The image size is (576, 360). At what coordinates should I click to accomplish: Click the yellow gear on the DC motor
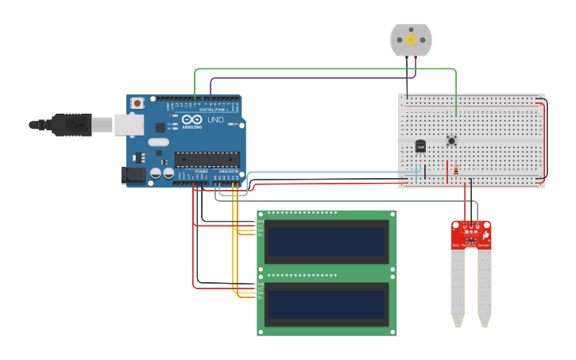(x=411, y=40)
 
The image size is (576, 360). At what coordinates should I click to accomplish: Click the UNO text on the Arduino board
(x=215, y=120)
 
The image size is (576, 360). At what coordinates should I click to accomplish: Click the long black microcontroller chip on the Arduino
(x=207, y=159)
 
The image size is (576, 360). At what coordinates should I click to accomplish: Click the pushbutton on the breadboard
(x=451, y=141)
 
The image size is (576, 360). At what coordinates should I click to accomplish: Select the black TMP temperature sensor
(x=420, y=147)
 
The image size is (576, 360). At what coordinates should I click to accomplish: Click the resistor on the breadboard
(x=455, y=168)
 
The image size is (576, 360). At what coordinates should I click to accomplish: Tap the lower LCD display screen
(x=327, y=303)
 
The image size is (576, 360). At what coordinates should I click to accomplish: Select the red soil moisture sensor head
(x=471, y=234)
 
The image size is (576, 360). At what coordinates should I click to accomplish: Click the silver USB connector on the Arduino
(x=128, y=124)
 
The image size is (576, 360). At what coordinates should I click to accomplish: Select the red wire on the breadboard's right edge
(x=544, y=139)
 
